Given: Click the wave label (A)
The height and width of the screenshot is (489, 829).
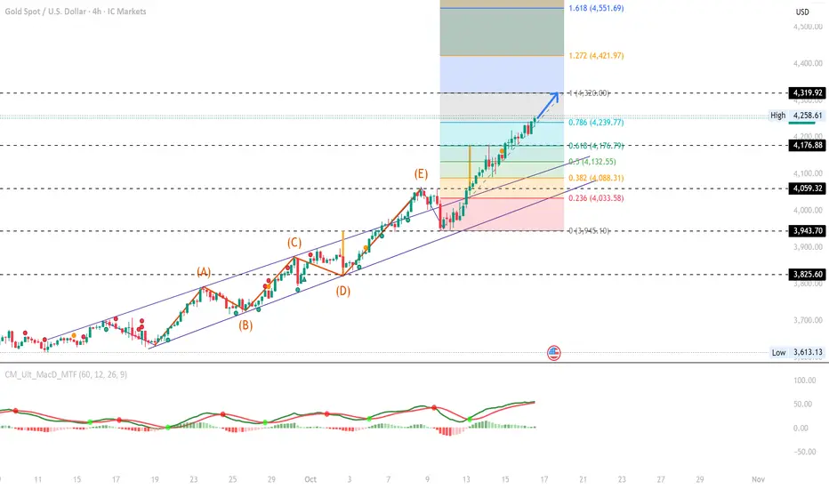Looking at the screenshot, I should pos(204,273).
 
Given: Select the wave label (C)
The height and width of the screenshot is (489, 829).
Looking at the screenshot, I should pos(294,242).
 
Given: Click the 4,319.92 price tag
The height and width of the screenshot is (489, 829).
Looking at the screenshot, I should pos(808,92).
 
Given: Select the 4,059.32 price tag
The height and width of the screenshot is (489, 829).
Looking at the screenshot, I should pos(808,188).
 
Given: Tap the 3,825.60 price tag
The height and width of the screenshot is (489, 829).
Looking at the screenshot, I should pos(808,275).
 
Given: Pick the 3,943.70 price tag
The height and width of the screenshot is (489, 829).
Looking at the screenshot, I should pos(808,230).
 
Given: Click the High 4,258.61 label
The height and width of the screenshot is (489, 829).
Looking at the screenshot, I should pos(797,116).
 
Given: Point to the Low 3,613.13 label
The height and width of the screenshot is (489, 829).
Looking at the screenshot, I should pos(797,353).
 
